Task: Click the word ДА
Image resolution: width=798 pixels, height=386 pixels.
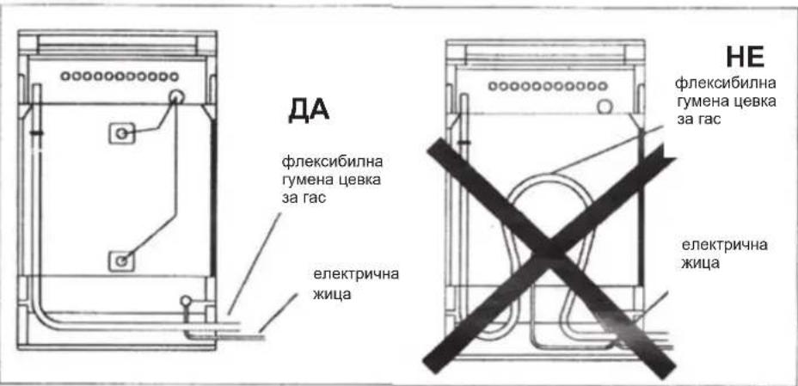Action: [x=309, y=110]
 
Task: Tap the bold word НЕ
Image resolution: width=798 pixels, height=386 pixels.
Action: [x=745, y=57]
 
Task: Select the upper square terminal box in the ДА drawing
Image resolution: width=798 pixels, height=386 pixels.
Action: [x=121, y=133]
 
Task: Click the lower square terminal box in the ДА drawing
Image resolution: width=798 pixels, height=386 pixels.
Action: [x=121, y=260]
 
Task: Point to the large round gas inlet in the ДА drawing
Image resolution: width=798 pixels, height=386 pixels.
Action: [x=176, y=96]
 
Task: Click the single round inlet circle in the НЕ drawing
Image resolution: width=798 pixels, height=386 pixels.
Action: [x=605, y=107]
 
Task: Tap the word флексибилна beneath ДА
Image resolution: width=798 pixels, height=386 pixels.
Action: [x=332, y=163]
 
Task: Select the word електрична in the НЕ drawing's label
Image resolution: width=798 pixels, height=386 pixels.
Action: [x=725, y=245]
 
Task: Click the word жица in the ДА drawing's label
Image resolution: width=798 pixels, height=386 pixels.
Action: [x=332, y=294]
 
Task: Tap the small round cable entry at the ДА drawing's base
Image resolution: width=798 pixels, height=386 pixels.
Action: [x=187, y=302]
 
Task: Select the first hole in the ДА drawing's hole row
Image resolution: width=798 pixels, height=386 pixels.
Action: [x=64, y=77]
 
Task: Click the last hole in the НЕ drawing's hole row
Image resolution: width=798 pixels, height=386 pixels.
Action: [x=603, y=86]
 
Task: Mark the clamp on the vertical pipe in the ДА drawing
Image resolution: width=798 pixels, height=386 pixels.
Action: [x=37, y=133]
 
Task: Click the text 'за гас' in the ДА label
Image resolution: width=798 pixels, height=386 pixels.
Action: [x=304, y=198]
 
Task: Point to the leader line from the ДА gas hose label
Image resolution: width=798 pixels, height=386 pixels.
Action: [x=255, y=263]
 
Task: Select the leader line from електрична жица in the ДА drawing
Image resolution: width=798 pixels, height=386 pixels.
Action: [x=278, y=313]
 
